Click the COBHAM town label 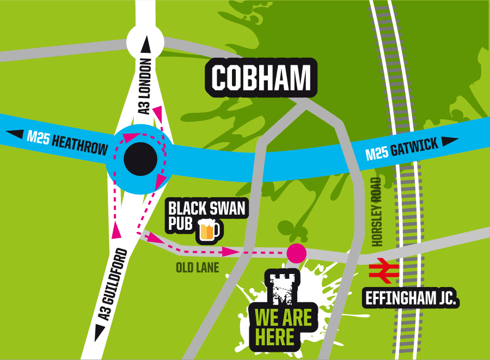(261, 78)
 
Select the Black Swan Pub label (207, 216)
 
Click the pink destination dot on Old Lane (296, 253)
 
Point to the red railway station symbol (382, 273)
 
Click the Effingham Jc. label (411, 298)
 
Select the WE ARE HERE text (276, 327)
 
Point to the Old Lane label (197, 267)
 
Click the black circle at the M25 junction (140, 158)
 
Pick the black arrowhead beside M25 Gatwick (449, 142)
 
